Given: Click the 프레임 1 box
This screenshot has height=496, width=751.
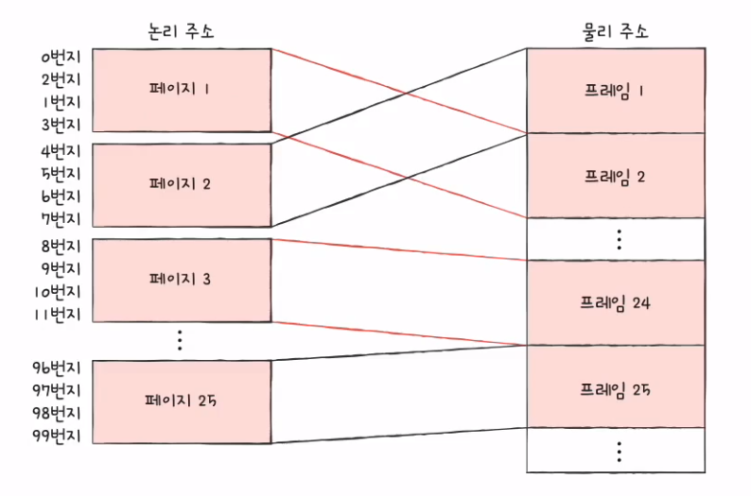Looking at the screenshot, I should (x=616, y=91).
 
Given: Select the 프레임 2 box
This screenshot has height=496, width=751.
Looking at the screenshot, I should (x=616, y=175).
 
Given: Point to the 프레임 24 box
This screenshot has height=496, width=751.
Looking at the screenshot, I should (x=616, y=303).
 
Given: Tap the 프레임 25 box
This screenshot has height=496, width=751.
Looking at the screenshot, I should (x=616, y=387).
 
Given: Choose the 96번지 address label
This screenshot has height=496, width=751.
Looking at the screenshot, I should (x=57, y=367).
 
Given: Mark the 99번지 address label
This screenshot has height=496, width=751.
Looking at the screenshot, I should (x=57, y=436).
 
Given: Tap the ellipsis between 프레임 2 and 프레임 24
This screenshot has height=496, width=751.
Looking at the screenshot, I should (x=619, y=239).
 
